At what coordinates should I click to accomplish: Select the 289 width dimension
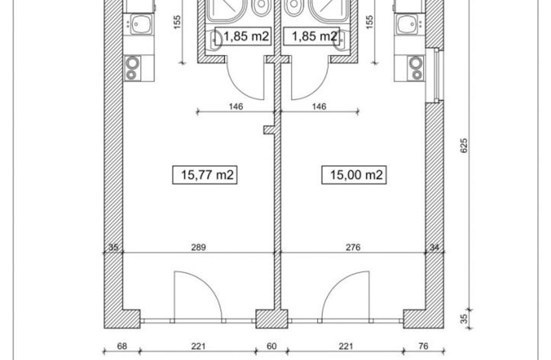[198, 247]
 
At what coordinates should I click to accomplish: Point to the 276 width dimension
[353, 247]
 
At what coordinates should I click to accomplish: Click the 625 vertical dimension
[464, 146]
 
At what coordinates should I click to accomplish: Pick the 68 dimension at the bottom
[122, 346]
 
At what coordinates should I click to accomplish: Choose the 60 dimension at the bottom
[272, 346]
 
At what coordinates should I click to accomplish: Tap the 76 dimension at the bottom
[423, 346]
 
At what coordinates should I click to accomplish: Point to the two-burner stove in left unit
[133, 68]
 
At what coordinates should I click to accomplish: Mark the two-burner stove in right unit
[416, 68]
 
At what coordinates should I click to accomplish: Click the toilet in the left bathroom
[262, 7]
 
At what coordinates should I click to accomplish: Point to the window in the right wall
[436, 75]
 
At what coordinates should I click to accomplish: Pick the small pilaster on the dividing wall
[269, 130]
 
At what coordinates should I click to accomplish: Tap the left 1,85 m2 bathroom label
[243, 36]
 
